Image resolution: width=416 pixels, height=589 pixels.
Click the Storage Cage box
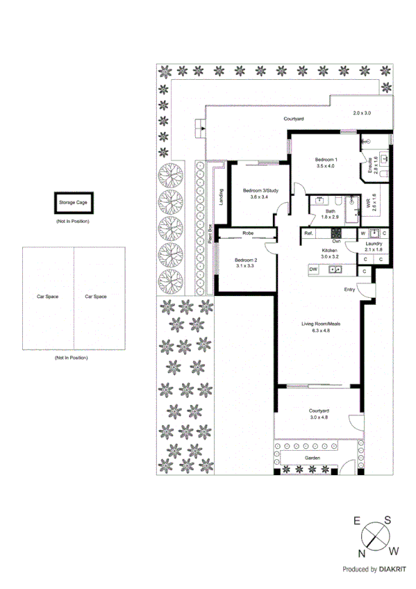(x=72, y=204)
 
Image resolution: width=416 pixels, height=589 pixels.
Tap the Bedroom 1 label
(x=326, y=160)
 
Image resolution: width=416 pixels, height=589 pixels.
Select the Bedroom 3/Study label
(x=260, y=190)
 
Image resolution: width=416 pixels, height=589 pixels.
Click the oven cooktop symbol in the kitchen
(x=335, y=233)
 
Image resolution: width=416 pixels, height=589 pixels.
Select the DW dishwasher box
(x=313, y=269)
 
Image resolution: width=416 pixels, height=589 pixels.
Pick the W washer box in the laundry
(x=363, y=233)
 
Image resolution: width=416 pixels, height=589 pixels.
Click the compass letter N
(x=362, y=553)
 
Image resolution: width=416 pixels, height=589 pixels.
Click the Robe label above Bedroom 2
(x=247, y=233)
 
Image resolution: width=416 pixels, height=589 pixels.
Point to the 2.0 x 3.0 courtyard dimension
(x=362, y=113)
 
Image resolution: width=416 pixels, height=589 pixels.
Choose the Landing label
(x=221, y=197)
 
